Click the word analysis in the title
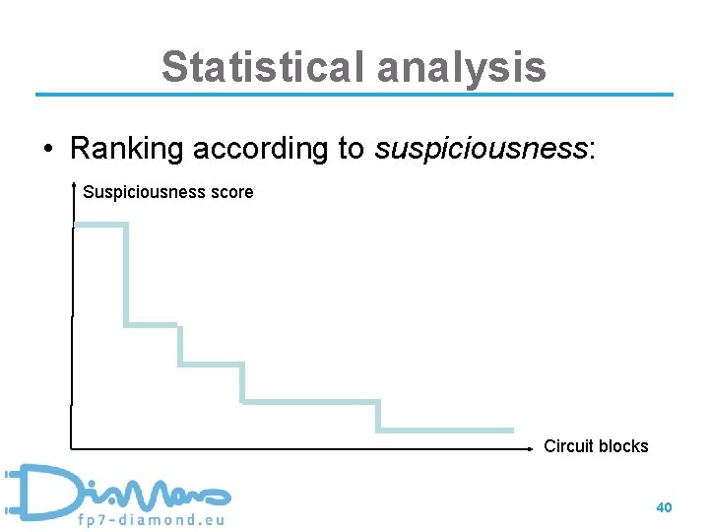click(x=461, y=67)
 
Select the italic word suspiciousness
click(x=480, y=148)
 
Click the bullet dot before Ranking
click(x=47, y=149)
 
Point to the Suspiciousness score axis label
click(x=167, y=192)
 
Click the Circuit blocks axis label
click(x=596, y=446)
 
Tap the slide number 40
click(x=664, y=507)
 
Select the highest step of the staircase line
click(x=100, y=225)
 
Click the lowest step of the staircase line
click(x=445, y=430)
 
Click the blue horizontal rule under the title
click(x=354, y=95)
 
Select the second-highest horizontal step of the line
click(x=152, y=324)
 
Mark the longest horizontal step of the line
click(x=310, y=401)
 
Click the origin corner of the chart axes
click(x=72, y=449)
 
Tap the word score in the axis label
click(x=229, y=192)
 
